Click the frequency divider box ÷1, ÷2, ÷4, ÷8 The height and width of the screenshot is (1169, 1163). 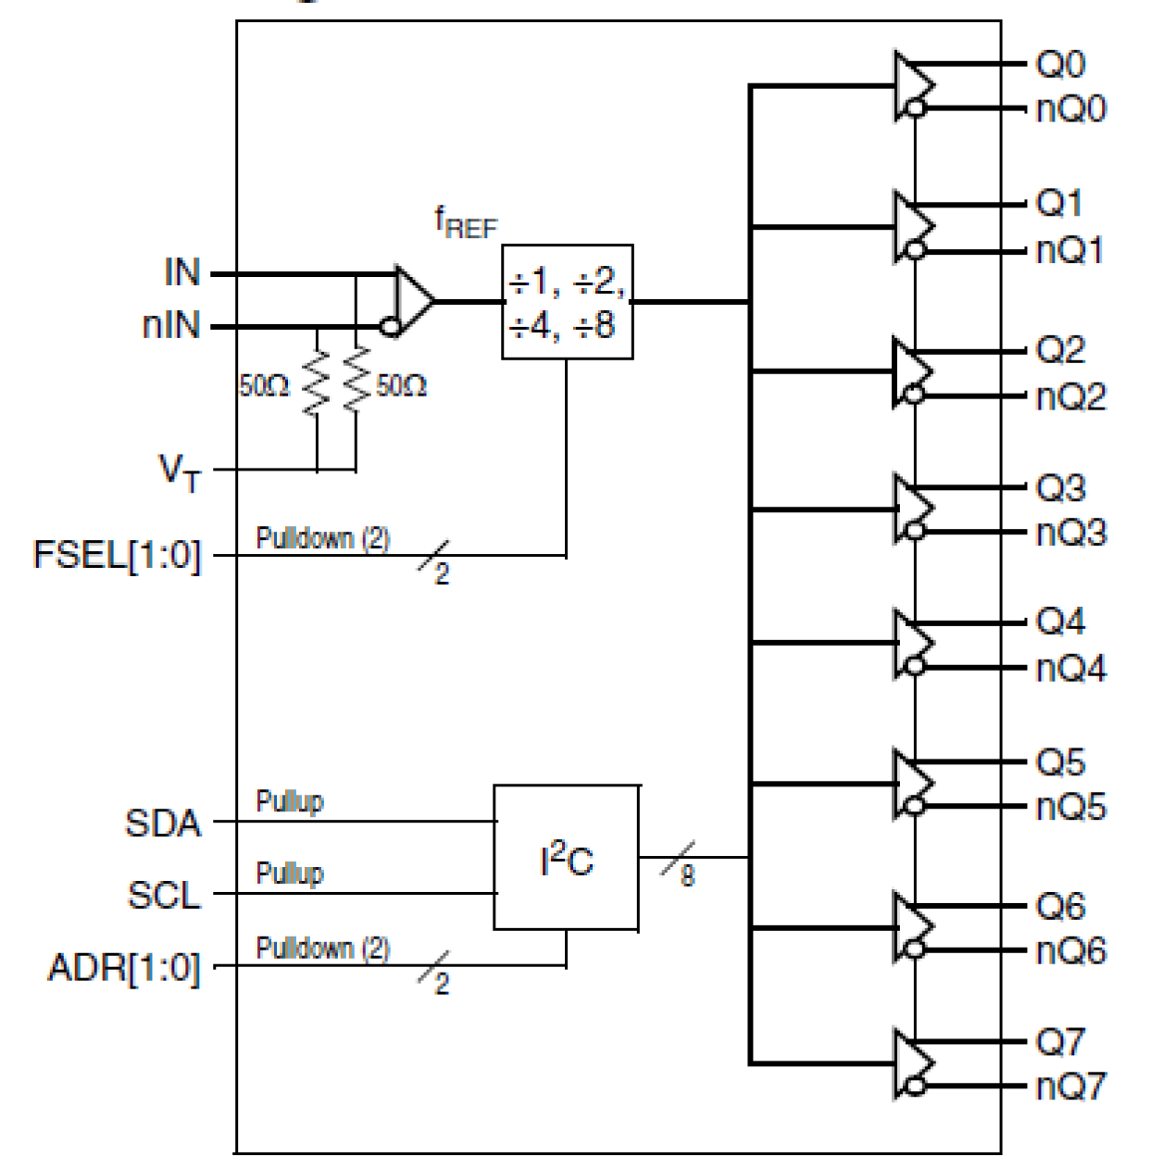point(567,302)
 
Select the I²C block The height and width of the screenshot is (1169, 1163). point(566,858)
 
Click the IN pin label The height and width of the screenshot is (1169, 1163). point(181,272)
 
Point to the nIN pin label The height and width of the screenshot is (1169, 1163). point(171,325)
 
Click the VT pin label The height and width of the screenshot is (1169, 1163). point(180,471)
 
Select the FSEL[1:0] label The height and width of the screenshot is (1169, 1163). point(117,555)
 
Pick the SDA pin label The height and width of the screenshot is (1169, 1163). point(163,823)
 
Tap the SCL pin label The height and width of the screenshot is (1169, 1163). point(164,895)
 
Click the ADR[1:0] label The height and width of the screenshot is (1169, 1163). point(124,968)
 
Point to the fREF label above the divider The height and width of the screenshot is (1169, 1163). point(466,222)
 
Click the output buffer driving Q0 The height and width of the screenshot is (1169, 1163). point(913,85)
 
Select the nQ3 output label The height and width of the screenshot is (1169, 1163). point(1070,533)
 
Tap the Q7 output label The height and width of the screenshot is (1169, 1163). point(1059,1042)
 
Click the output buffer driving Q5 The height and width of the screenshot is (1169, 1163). point(913,784)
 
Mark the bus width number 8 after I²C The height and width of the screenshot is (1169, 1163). point(687,875)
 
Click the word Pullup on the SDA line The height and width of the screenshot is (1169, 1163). point(290,801)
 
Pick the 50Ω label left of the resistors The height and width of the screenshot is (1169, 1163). point(264,385)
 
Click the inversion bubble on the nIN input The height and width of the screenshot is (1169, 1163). point(391,326)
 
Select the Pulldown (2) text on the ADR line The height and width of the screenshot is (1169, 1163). point(322,948)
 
